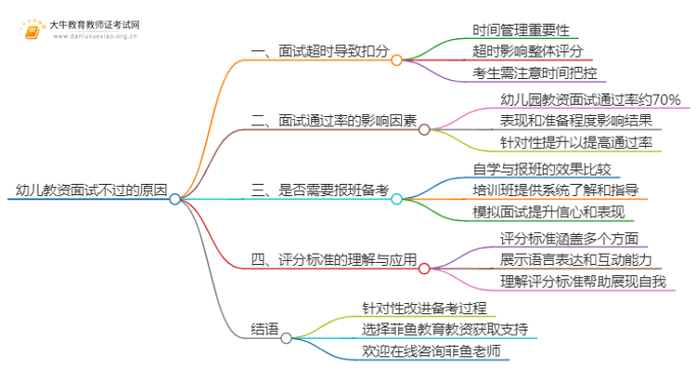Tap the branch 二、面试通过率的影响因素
pyautogui.click(x=334, y=122)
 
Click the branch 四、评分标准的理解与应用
pyautogui.click(x=334, y=260)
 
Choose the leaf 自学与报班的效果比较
pyautogui.click(x=542, y=168)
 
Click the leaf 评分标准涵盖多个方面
pyautogui.click(x=557, y=237)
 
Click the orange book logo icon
pyautogui.click(x=32, y=28)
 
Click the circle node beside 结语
pyautogui.click(x=287, y=338)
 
